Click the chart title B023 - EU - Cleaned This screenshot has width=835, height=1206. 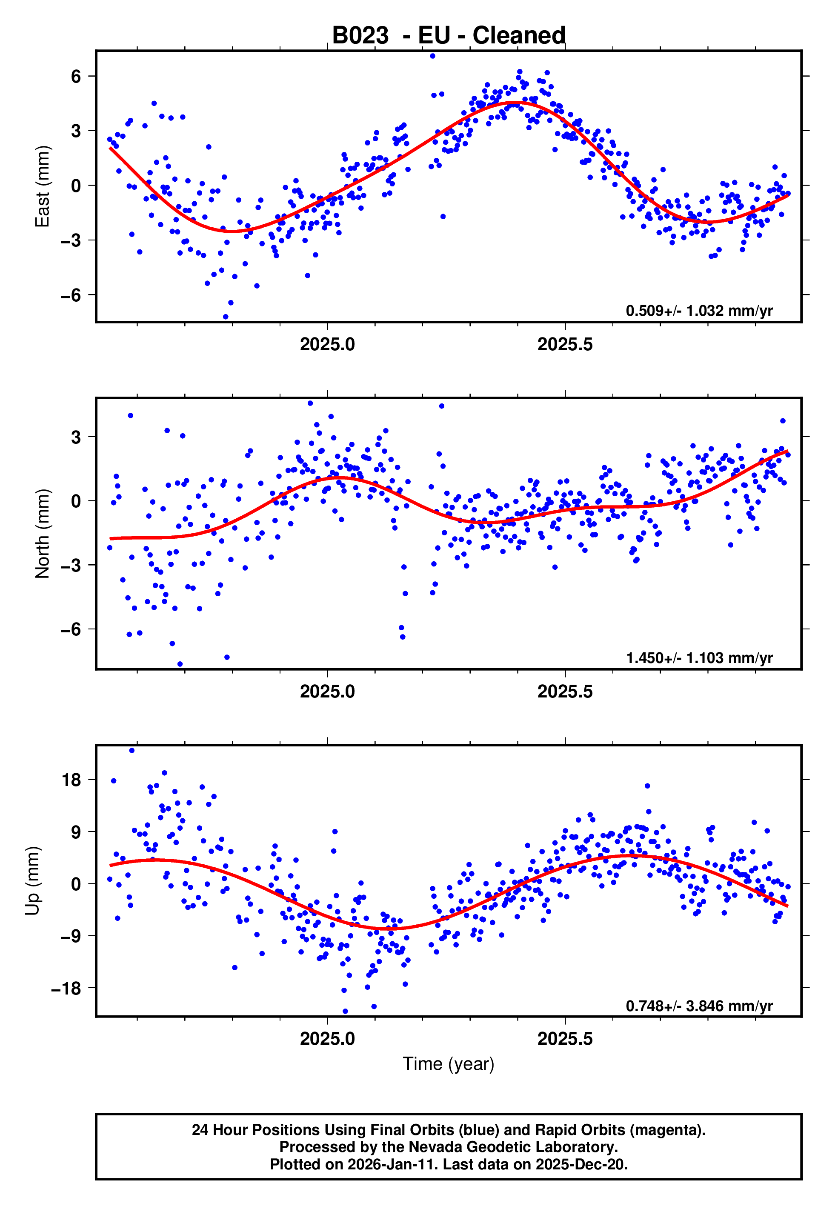pyautogui.click(x=449, y=36)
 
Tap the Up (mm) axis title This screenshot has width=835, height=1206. pyautogui.click(x=32, y=881)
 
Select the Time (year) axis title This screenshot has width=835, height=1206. pyautogui.click(x=449, y=1064)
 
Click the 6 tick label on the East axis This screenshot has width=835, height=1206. pyautogui.click(x=76, y=77)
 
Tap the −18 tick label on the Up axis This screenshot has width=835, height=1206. pyautogui.click(x=66, y=989)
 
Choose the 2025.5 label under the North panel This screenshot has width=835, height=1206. pyautogui.click(x=565, y=692)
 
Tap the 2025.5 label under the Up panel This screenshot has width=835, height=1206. pyautogui.click(x=565, y=1039)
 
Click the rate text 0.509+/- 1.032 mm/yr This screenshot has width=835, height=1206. pyautogui.click(x=699, y=311)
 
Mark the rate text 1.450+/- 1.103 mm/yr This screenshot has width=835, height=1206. pyautogui.click(x=699, y=658)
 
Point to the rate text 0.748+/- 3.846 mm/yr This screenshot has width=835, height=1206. pyautogui.click(x=699, y=1006)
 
